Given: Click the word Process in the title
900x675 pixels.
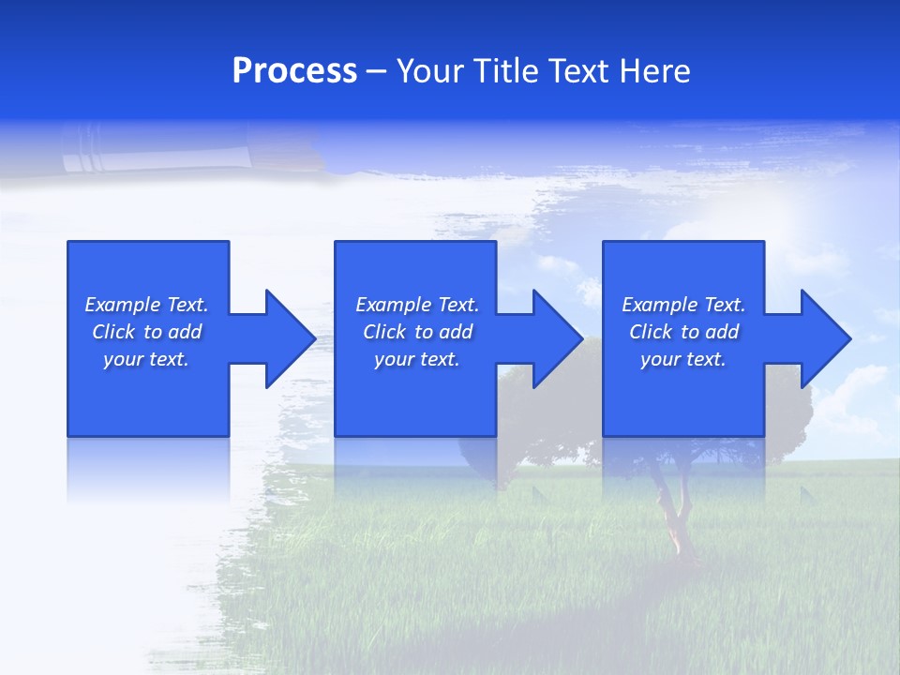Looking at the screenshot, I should pos(294,71).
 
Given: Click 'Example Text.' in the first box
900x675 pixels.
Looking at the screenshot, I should pos(146,305).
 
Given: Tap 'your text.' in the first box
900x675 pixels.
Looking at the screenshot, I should pos(146,359).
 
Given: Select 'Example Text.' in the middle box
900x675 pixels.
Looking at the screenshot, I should pos(417,305).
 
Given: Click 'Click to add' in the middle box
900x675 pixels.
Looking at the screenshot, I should pos(417,332).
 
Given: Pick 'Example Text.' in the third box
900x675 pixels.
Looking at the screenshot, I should pos(683,305).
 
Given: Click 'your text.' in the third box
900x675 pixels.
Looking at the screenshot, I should pos(683,359).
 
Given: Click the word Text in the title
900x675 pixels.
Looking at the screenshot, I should pos(577,71).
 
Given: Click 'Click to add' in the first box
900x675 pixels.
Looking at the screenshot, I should pos(146,332).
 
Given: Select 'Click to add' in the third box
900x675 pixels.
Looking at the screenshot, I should pos(683,332).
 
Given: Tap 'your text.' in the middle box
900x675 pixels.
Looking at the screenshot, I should pos(417,359).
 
